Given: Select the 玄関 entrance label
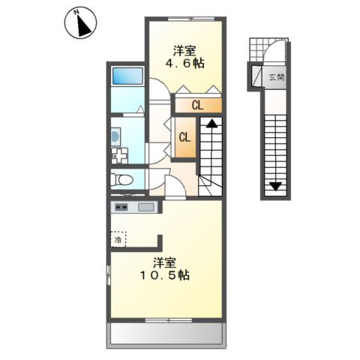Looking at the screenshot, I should click(277, 76).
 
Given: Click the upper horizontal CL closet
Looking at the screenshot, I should click(196, 106).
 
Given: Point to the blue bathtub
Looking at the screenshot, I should click(127, 76).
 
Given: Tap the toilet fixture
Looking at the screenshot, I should click(121, 179).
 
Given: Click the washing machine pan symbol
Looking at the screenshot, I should click(121, 156).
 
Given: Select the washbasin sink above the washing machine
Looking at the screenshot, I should click(115, 135).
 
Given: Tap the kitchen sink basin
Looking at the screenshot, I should click(145, 207).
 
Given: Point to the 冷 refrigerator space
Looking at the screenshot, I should click(118, 240).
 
